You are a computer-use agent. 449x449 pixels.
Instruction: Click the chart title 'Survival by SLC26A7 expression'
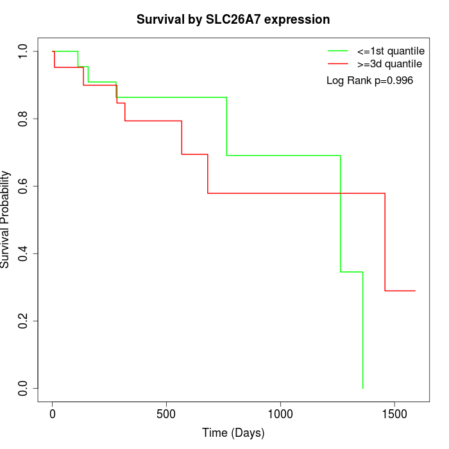click(x=233, y=20)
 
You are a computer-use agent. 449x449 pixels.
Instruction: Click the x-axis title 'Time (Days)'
click(x=233, y=433)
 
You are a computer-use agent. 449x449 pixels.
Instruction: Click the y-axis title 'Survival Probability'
click(x=6, y=219)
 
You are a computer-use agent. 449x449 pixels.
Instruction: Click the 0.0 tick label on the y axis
click(x=24, y=388)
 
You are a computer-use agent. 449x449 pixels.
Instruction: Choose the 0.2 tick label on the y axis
click(x=24, y=321)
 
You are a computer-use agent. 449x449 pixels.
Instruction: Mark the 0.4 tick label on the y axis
click(x=24, y=253)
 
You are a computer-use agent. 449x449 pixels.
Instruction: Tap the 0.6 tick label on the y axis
click(x=24, y=186)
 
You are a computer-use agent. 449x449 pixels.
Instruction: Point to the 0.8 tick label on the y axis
click(x=24, y=119)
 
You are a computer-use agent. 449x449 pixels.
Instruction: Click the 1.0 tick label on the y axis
click(x=24, y=51)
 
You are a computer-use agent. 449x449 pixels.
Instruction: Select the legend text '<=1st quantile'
click(x=390, y=50)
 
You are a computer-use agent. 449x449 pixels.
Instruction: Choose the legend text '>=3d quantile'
click(x=389, y=64)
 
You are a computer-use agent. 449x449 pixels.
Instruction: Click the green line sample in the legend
click(x=337, y=50)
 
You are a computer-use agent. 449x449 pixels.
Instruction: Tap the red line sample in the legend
click(x=337, y=64)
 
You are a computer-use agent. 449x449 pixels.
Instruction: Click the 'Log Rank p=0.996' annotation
click(x=369, y=81)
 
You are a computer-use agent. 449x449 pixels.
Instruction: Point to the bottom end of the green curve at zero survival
click(x=363, y=388)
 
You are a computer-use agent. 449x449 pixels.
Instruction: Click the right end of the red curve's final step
click(x=415, y=291)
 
